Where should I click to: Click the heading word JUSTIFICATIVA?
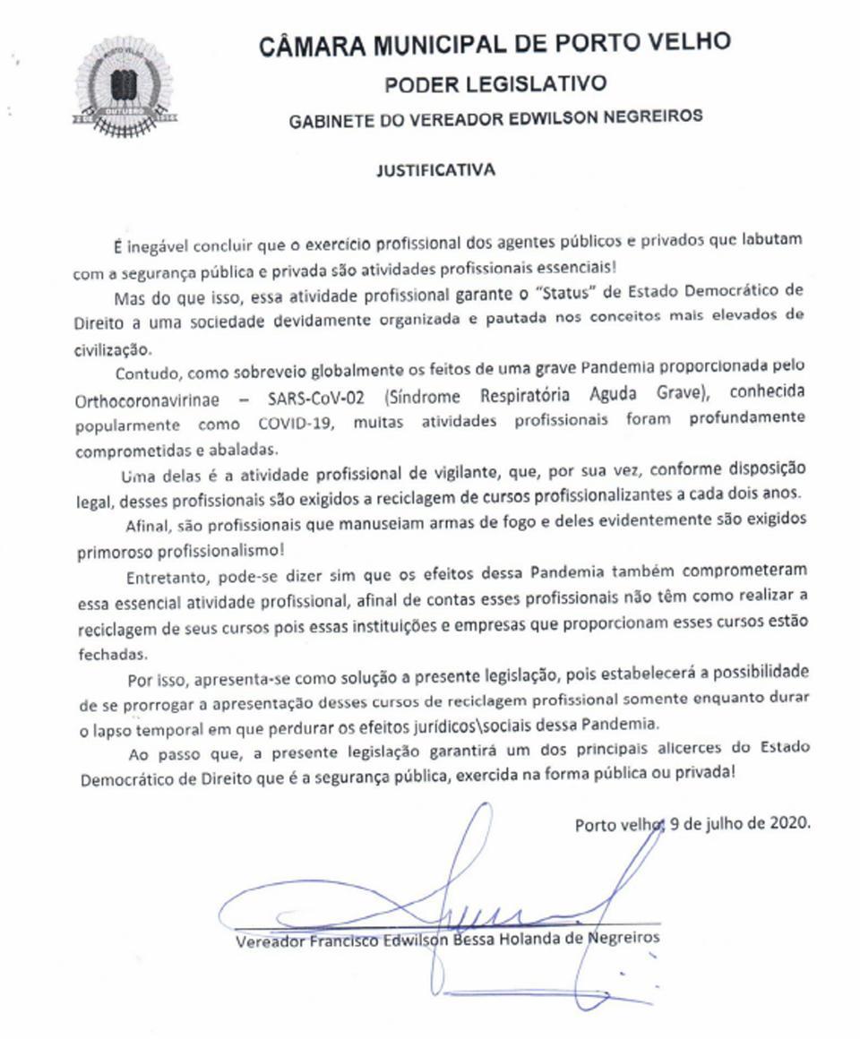click(x=435, y=169)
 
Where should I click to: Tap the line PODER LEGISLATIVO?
click(x=495, y=83)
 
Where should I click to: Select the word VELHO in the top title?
click(x=687, y=42)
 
